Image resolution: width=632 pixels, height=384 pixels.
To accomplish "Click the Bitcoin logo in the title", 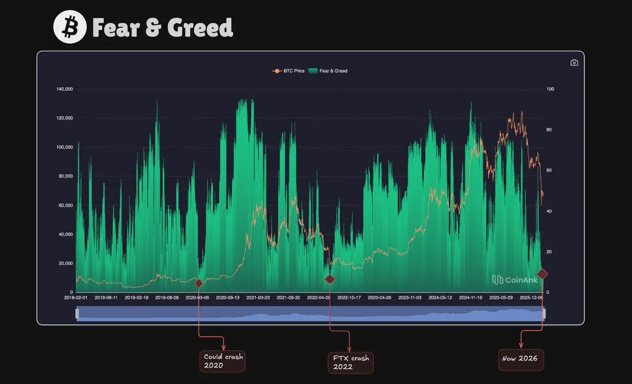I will tap(70, 27).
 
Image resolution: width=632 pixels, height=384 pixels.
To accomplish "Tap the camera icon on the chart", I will tap(574, 63).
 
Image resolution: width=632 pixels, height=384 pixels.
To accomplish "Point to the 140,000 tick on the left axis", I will tap(64, 89).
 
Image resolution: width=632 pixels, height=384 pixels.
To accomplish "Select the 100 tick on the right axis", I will tap(550, 89).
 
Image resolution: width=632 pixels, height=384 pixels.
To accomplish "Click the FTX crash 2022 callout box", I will tap(350, 362).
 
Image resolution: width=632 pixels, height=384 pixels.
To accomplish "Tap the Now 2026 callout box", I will tap(521, 359).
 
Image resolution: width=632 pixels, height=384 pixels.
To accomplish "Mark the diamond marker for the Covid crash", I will tap(199, 283).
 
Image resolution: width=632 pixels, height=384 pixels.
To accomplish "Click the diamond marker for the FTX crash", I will tap(330, 279).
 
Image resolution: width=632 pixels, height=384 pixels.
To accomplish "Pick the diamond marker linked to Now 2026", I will tap(542, 273).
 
